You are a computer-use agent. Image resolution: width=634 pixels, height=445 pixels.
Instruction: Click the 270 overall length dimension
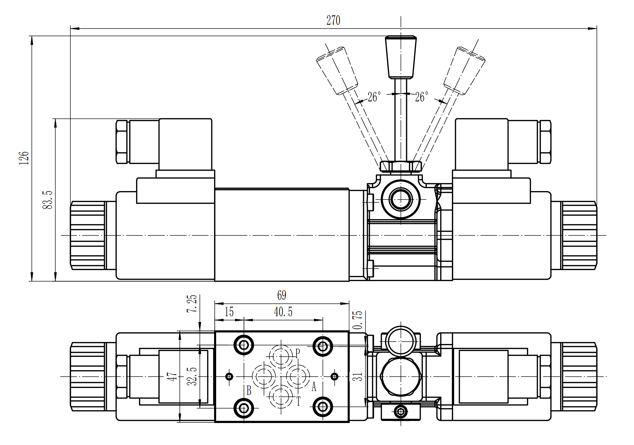[333, 20]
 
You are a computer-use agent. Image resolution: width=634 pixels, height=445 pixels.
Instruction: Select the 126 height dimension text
[24, 158]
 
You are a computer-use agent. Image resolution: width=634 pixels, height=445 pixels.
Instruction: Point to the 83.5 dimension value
[47, 200]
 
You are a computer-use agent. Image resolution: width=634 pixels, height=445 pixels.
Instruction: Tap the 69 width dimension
[281, 295]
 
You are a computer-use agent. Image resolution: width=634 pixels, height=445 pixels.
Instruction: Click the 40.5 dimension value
[283, 312]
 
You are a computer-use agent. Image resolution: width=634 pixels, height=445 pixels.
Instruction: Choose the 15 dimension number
[229, 312]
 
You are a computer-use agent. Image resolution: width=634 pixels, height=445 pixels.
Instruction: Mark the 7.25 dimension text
[192, 303]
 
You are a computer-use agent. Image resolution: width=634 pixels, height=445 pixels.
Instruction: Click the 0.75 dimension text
[358, 320]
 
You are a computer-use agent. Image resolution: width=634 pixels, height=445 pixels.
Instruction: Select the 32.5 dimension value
[192, 376]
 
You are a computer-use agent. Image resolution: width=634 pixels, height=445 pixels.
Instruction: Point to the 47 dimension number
[172, 376]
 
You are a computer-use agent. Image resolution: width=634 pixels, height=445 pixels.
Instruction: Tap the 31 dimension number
[358, 376]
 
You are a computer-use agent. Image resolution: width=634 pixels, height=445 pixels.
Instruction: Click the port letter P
[298, 353]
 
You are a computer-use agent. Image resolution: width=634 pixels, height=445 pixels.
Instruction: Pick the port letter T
[298, 401]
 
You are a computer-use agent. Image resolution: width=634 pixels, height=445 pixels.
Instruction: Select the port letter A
[313, 387]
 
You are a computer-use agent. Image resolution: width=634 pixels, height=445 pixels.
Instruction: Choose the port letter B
[249, 390]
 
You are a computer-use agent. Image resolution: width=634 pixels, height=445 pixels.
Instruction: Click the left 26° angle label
[374, 97]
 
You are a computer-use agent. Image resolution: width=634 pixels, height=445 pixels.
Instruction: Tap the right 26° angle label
[422, 97]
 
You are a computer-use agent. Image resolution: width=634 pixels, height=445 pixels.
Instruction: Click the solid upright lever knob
[401, 57]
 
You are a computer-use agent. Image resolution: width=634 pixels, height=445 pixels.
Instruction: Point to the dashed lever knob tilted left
[337, 70]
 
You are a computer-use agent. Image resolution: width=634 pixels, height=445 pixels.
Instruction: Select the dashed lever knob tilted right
[464, 70]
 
